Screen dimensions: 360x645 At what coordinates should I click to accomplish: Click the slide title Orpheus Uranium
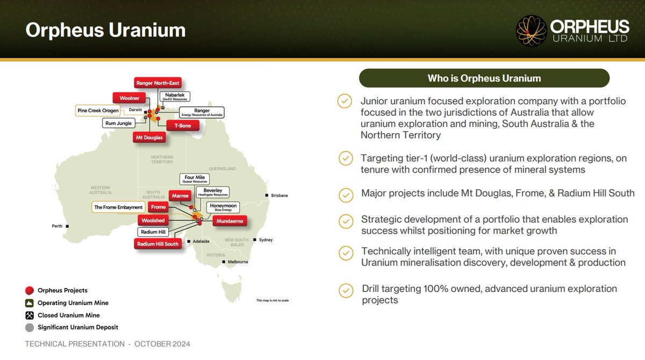click(x=105, y=30)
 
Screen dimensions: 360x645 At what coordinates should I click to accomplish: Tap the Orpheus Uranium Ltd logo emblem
click(x=532, y=31)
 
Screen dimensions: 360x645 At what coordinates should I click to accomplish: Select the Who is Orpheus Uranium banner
click(x=484, y=78)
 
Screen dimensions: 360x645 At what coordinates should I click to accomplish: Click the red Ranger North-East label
click(x=158, y=83)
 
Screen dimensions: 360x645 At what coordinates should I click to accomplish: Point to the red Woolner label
click(x=129, y=98)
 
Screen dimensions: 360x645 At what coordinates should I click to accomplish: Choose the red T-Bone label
click(x=182, y=125)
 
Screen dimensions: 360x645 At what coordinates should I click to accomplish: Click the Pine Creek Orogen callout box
click(x=97, y=111)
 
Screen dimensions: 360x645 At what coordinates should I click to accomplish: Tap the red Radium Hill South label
click(x=156, y=244)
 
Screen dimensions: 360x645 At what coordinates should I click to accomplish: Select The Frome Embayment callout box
click(x=118, y=207)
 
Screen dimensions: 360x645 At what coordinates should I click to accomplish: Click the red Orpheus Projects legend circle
click(x=30, y=291)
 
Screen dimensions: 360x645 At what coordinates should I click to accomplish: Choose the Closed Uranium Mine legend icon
click(x=30, y=315)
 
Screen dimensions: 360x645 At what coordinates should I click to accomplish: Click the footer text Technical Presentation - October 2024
click(x=107, y=344)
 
